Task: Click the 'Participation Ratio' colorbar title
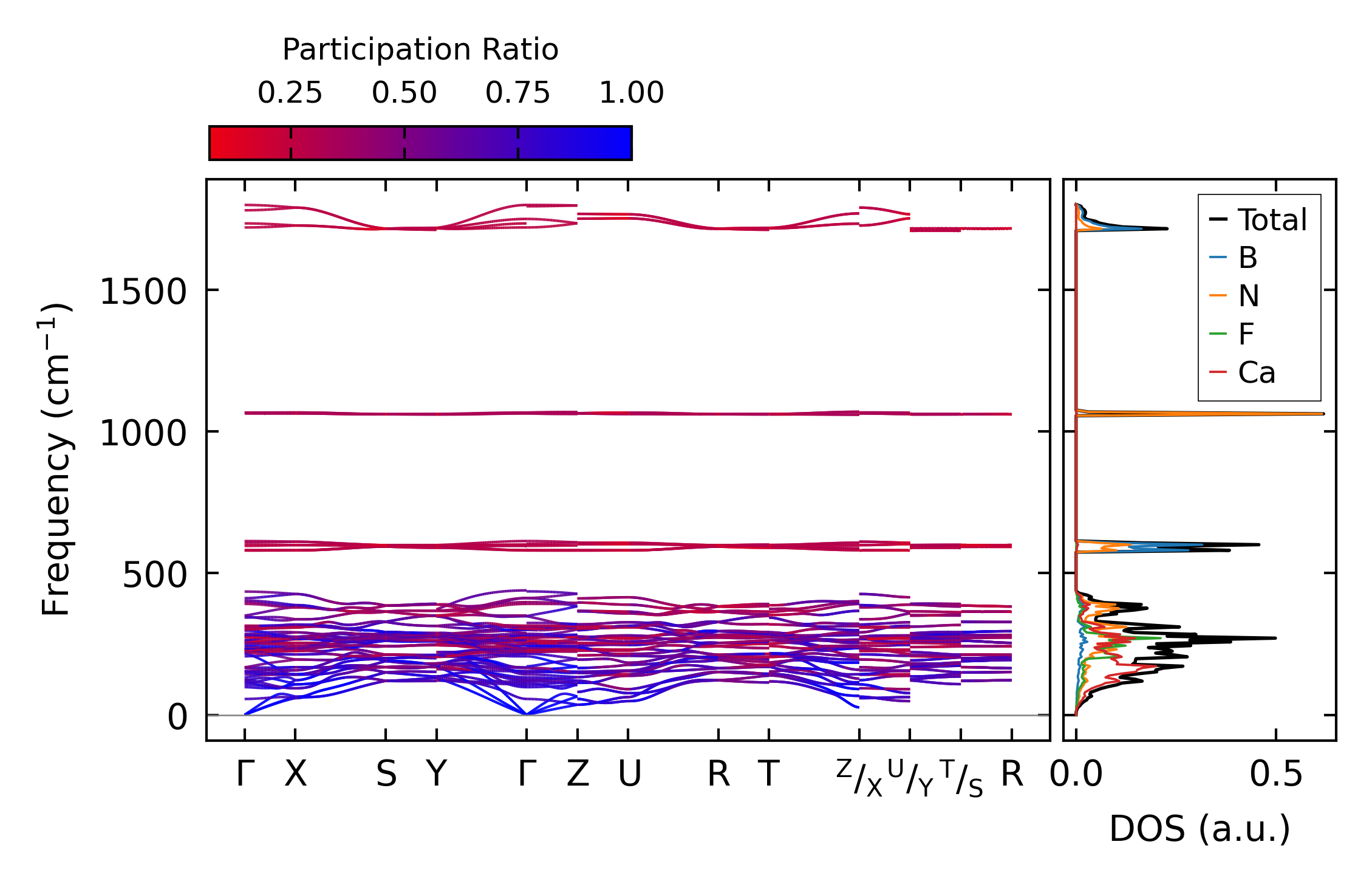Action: (x=420, y=50)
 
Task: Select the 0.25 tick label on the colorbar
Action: (x=290, y=93)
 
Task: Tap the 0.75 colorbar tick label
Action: (x=517, y=93)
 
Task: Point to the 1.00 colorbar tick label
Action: (x=631, y=93)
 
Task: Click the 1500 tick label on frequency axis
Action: (x=143, y=292)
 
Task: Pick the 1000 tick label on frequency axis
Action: (x=143, y=434)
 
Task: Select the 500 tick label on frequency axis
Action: (x=154, y=575)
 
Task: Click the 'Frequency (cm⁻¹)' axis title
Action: (x=56, y=459)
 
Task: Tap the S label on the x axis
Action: (x=386, y=775)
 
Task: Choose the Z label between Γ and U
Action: (x=578, y=775)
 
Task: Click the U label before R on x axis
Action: (x=629, y=775)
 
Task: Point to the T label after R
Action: (x=769, y=775)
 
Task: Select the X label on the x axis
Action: (x=296, y=775)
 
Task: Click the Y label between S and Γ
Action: (x=437, y=775)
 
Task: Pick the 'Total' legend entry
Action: (x=1272, y=220)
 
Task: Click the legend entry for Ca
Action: (x=1256, y=372)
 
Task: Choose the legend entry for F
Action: (x=1246, y=334)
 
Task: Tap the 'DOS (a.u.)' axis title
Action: (x=1200, y=829)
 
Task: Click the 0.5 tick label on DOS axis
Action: (x=1276, y=775)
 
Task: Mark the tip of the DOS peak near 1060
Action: (x=1323, y=414)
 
